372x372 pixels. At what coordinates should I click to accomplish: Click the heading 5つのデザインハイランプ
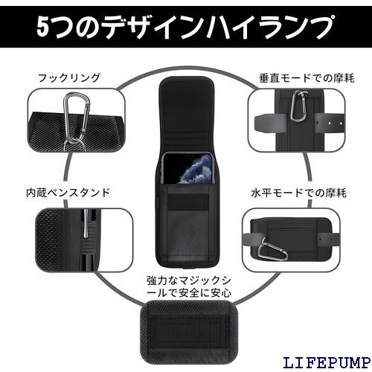coord(185,27)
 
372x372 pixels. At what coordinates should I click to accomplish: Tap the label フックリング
coord(69,78)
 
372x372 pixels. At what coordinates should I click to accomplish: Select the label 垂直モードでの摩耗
coord(307,78)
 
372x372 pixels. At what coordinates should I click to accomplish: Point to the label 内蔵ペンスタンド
coord(68,193)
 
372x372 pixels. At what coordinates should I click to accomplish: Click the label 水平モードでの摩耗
coord(298,193)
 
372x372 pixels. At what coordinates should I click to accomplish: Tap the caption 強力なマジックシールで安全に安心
coord(189,286)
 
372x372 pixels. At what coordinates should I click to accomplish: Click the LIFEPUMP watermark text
coord(327,362)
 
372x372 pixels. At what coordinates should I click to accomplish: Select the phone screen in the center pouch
coord(187,168)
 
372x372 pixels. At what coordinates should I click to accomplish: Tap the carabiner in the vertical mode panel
coord(299,106)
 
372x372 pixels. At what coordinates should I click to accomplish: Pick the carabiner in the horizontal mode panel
coord(272,249)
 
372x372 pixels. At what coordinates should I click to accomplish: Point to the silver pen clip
coord(86,224)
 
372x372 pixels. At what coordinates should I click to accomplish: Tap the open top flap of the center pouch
coord(187,114)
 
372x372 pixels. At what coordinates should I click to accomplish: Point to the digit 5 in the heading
coord(42,28)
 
